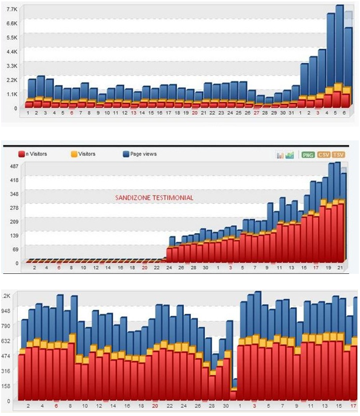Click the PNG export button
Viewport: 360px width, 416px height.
(308, 155)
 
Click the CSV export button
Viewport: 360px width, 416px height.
(324, 155)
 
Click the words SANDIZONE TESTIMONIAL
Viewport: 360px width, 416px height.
(154, 198)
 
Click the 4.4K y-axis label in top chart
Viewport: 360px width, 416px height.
(13, 52)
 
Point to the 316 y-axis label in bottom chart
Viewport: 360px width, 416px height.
(9, 371)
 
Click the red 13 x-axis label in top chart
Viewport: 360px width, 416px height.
(134, 113)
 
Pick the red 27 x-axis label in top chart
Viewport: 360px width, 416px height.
(257, 113)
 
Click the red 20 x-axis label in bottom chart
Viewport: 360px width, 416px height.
(155, 406)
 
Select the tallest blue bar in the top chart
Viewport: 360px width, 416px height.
(339, 52)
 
